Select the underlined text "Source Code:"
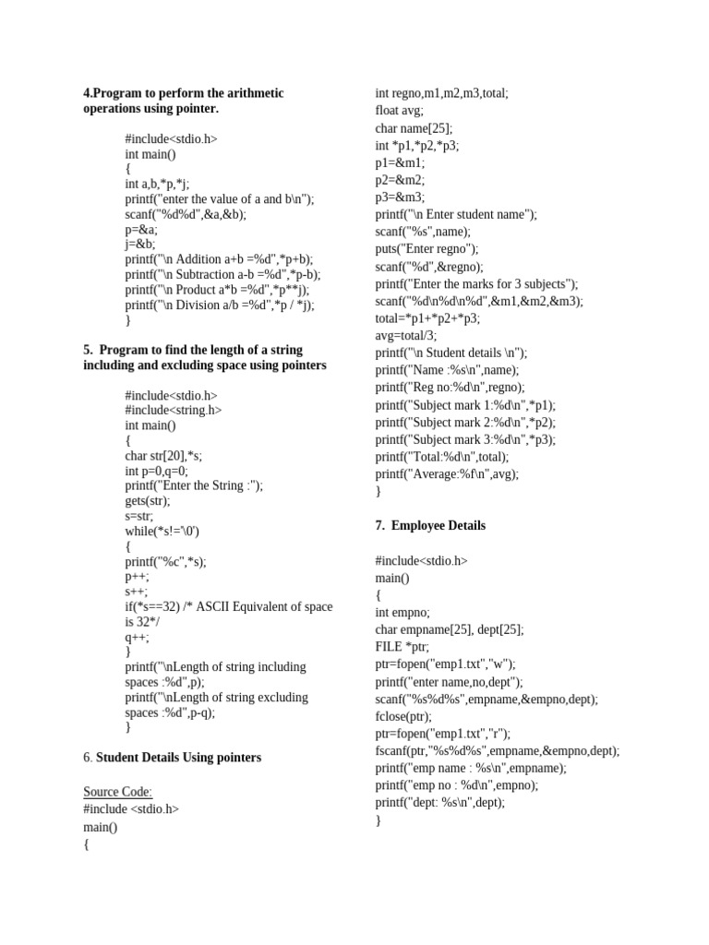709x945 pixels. [118, 792]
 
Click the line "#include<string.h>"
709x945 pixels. [174, 411]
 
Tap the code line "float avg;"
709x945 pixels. [399, 111]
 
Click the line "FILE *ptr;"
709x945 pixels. [403, 647]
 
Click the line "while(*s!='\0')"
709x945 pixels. [162, 532]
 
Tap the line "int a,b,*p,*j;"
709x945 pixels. [157, 185]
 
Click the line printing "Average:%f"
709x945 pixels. [447, 474]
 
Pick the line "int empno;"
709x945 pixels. [403, 612]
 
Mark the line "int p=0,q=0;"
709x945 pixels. [156, 471]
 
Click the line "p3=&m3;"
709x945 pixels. [400, 197]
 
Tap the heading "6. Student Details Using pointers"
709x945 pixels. [172, 758]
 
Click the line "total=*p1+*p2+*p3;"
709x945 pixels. [427, 318]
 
